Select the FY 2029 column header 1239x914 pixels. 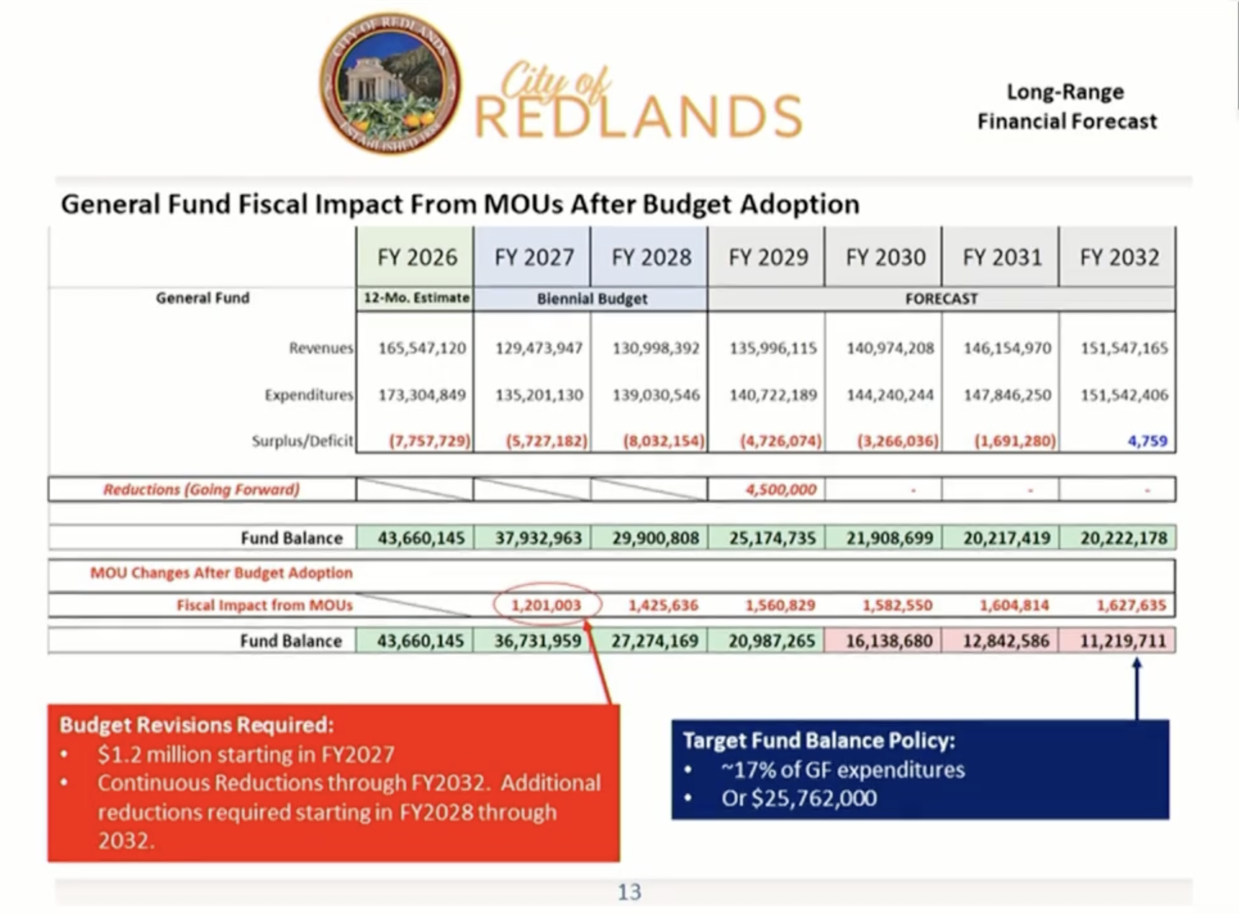(x=768, y=257)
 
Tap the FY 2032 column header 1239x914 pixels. (x=1119, y=257)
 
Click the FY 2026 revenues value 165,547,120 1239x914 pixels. (x=422, y=348)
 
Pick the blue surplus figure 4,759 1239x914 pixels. (x=1148, y=441)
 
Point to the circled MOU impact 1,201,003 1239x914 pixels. (x=546, y=605)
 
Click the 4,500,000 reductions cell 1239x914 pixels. (x=781, y=489)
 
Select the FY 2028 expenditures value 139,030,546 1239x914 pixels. (x=656, y=394)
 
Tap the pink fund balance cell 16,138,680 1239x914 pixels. (x=888, y=641)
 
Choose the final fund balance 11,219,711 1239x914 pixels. (x=1123, y=641)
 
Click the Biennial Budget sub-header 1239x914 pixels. (x=592, y=299)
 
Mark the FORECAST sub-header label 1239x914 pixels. (x=941, y=299)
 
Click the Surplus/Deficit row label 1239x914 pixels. (x=302, y=441)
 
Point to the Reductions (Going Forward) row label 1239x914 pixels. (x=201, y=489)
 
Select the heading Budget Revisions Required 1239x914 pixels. (x=196, y=724)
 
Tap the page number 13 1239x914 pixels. (x=630, y=892)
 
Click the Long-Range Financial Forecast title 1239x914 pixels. (x=1067, y=107)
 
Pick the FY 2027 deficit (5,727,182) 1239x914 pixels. (x=546, y=441)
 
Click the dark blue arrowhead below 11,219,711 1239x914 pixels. (x=1137, y=664)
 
